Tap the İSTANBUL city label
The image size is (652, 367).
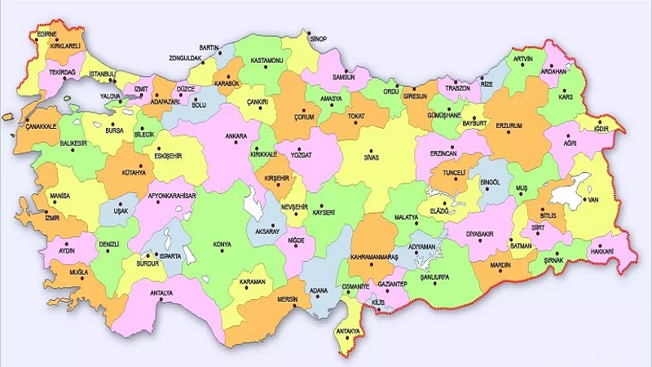[x=104, y=74]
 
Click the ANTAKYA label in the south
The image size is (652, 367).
[x=350, y=330]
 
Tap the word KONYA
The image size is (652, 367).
[x=221, y=244]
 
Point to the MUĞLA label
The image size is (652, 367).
[x=78, y=272]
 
